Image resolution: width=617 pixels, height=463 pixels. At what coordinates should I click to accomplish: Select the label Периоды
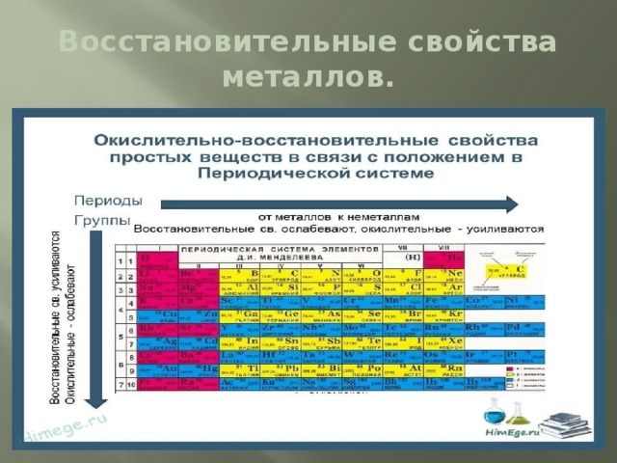point(109,202)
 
